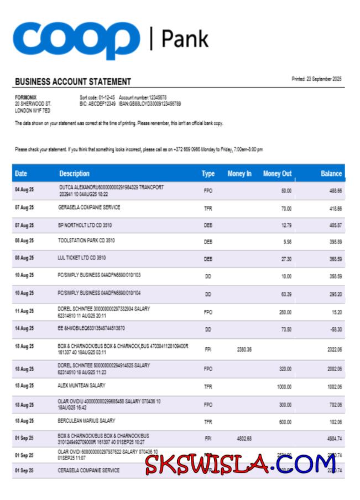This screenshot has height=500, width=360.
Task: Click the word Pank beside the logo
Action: pyautogui.click(x=185, y=39)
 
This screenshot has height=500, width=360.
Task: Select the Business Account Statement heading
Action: pyautogui.click(x=73, y=82)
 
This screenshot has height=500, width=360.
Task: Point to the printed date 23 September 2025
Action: pyautogui.click(x=316, y=79)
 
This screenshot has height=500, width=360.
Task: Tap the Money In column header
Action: pyautogui.click(x=239, y=174)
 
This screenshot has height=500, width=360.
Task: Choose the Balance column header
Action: pyautogui.click(x=331, y=174)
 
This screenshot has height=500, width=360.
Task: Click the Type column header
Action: pyautogui.click(x=208, y=174)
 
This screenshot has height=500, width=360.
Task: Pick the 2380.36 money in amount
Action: pyautogui.click(x=244, y=349)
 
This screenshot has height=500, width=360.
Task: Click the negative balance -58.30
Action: pyautogui.click(x=335, y=329)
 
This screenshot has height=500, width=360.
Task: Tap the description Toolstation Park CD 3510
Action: pyautogui.click(x=86, y=241)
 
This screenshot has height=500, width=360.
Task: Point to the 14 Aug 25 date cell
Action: pyautogui.click(x=24, y=329)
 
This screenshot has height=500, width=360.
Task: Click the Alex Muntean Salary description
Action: pyautogui.click(x=81, y=386)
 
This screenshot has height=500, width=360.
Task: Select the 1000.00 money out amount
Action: pyautogui.click(x=284, y=387)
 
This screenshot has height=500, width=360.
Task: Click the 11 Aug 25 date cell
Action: pyautogui.click(x=24, y=311)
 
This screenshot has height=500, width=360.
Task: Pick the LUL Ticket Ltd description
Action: pyautogui.click(x=82, y=258)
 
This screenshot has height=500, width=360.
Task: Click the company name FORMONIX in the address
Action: pyautogui.click(x=25, y=97)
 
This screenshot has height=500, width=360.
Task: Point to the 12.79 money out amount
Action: pyautogui.click(x=286, y=226)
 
